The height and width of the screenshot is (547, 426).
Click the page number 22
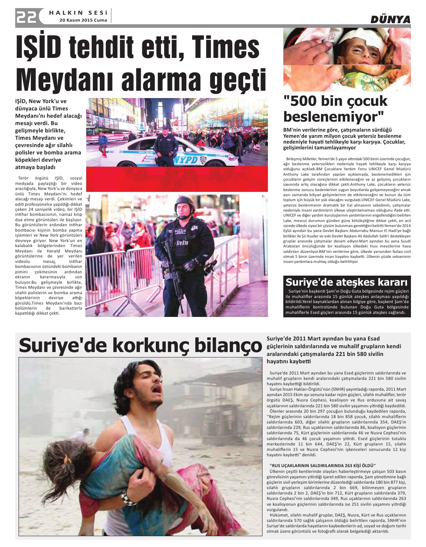pyautogui.click(x=26, y=17)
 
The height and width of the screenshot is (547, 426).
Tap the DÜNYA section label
pyautogui.click(x=390, y=19)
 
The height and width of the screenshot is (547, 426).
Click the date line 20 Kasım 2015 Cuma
pyautogui.click(x=83, y=20)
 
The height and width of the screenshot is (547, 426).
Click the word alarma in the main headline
pyautogui.click(x=165, y=79)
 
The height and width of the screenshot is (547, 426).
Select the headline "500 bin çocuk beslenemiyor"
pyautogui.click(x=335, y=108)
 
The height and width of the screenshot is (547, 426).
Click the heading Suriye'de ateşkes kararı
pyautogui.click(x=346, y=282)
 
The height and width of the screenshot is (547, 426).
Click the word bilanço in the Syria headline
pyautogui.click(x=227, y=345)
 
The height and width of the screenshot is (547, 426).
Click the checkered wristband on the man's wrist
pyautogui.click(x=128, y=498)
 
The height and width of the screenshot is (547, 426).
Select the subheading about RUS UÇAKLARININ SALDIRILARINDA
pyautogui.click(x=322, y=466)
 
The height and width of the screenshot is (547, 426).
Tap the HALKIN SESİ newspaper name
pyautogui.click(x=78, y=13)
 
